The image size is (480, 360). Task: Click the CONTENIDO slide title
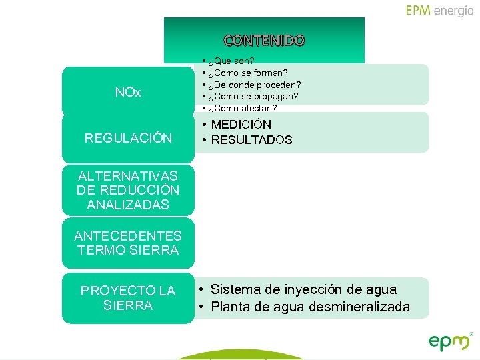point(264,41)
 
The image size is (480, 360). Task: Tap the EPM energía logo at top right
point(439,11)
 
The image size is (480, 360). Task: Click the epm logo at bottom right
point(450,341)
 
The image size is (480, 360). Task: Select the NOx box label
point(128,92)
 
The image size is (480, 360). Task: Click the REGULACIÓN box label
point(128,138)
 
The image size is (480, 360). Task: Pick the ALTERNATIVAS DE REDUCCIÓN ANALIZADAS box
point(128,191)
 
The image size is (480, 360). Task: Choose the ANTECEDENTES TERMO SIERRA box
point(128,243)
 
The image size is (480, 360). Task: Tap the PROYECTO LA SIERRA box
point(128,298)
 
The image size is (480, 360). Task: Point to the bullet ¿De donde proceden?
point(254,85)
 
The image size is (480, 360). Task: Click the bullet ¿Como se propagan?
point(253,97)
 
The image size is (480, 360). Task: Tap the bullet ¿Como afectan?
point(242,109)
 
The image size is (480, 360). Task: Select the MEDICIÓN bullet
point(241,125)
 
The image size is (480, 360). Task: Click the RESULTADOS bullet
point(251,140)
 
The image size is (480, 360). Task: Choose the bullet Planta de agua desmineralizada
point(310,307)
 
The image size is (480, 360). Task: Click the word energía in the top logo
point(453,11)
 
